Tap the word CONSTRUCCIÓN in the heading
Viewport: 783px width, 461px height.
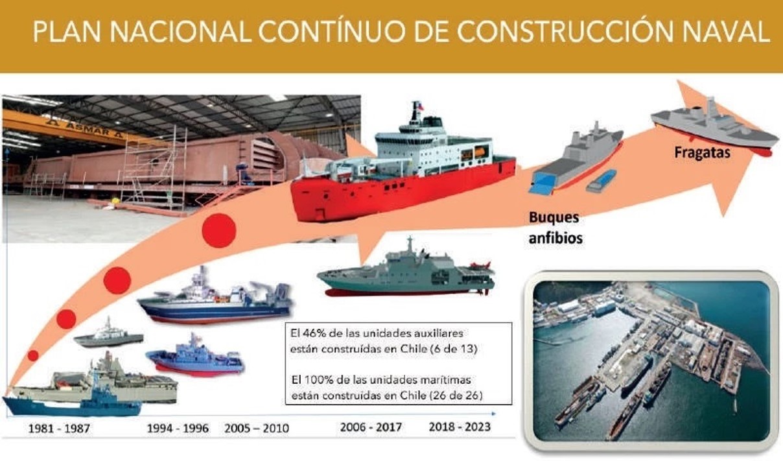[565, 32]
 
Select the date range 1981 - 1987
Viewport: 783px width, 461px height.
[59, 429]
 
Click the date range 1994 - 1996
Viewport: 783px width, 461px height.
[178, 429]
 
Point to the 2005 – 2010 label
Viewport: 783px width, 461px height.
[257, 429]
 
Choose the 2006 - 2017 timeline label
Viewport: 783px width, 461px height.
[371, 427]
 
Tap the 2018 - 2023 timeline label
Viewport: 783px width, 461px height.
[460, 427]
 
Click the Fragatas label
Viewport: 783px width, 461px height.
[702, 152]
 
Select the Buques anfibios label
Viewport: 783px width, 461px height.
[555, 228]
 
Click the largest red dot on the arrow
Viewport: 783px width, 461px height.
[219, 231]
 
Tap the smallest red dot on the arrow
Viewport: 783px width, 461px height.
[33, 356]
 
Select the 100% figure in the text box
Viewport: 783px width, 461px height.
[318, 380]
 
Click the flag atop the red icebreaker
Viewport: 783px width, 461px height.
[417, 105]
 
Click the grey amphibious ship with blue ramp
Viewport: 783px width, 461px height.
[575, 158]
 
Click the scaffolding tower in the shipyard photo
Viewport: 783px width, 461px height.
[152, 168]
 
